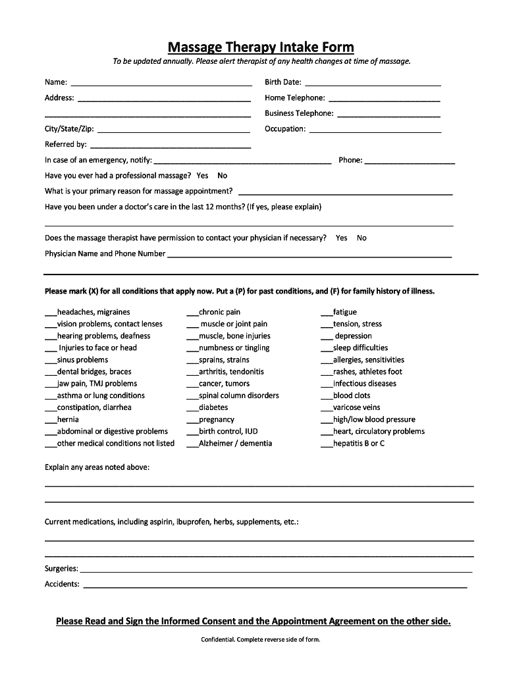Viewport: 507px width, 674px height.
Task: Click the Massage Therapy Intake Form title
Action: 261,47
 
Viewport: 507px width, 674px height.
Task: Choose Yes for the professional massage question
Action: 202,176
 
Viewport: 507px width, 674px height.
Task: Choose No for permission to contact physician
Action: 361,238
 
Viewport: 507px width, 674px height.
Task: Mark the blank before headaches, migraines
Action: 51,313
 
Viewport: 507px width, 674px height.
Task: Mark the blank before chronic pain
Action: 192,313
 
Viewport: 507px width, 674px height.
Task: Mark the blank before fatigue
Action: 327,313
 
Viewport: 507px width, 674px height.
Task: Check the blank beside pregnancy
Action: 192,421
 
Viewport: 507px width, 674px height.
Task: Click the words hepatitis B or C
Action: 359,444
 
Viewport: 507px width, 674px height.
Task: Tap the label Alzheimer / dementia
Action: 235,444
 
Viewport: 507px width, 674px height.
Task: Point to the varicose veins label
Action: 356,407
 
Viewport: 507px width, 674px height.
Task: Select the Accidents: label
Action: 62,584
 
